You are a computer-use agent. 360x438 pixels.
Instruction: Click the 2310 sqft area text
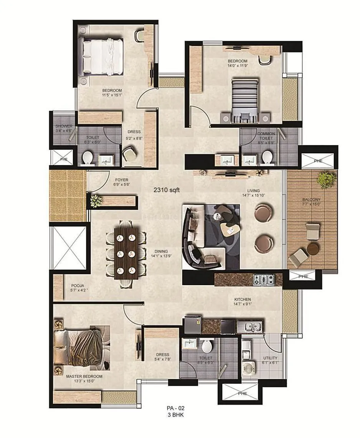coord(167,189)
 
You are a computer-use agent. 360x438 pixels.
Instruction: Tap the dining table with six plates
coord(126,254)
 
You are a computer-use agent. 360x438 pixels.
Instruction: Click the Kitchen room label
coord(243,299)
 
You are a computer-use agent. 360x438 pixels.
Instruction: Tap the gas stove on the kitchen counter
coord(264,279)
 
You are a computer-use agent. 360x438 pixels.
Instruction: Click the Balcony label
coord(311,200)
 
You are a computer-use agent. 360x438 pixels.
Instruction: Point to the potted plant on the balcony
coord(326,179)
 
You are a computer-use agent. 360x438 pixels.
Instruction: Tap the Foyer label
coord(122,180)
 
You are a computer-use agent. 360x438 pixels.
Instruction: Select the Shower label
coord(64,126)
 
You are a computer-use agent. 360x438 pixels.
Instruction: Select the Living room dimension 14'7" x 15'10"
coord(253,196)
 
